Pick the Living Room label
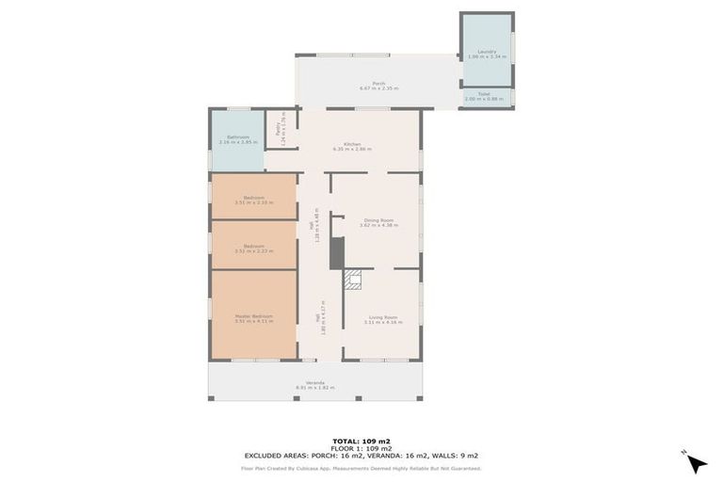[x=383, y=319]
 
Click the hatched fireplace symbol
[x=353, y=279]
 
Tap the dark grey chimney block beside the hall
[x=337, y=252]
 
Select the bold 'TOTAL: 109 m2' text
[x=361, y=441]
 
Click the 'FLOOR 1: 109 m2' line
[x=361, y=448]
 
